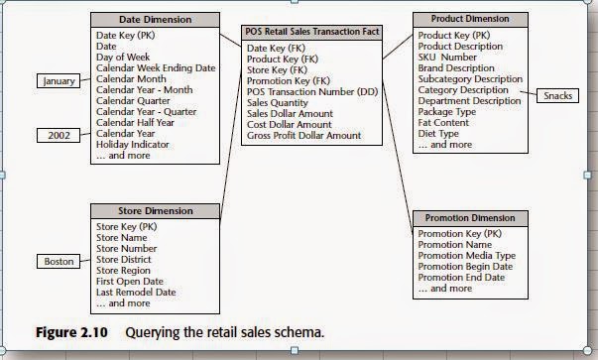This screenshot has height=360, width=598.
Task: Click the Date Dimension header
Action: click(x=156, y=19)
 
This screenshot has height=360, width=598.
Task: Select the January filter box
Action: click(x=61, y=81)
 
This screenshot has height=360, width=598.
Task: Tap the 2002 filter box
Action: click(x=61, y=134)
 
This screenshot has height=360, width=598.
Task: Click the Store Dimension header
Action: click(x=156, y=210)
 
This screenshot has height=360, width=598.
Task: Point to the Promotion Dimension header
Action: click(x=469, y=217)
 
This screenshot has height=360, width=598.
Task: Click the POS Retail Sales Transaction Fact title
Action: click(x=312, y=32)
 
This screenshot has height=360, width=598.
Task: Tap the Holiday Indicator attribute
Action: click(x=136, y=145)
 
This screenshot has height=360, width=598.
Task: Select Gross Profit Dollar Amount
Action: click(x=304, y=135)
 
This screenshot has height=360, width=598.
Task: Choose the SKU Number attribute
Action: click(x=448, y=58)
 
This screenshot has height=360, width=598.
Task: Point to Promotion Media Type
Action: click(x=467, y=255)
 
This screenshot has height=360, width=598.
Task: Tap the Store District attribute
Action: click(x=128, y=259)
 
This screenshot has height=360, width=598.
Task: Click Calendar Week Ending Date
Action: click(x=155, y=67)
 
